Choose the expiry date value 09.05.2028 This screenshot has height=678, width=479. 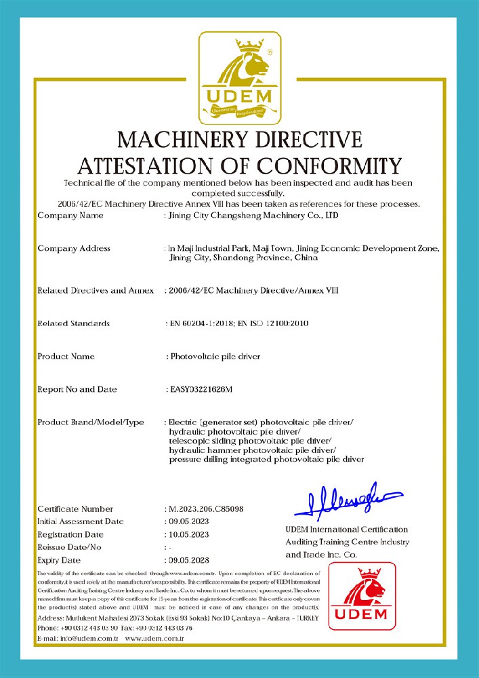pyautogui.click(x=188, y=560)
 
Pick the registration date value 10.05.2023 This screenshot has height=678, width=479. pyautogui.click(x=188, y=534)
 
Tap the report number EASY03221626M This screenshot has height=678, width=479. pyautogui.click(x=201, y=389)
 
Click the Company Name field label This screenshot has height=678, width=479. pyautogui.click(x=70, y=216)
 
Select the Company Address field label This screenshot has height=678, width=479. pyautogui.click(x=74, y=248)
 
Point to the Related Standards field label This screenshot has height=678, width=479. pyautogui.click(x=73, y=323)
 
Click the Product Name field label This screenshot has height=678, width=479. pyautogui.click(x=66, y=356)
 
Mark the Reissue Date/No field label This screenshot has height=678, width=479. pyautogui.click(x=69, y=547)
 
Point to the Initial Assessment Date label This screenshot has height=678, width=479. pyautogui.click(x=81, y=521)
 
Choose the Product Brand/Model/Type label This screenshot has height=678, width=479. pyautogui.click(x=91, y=422)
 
